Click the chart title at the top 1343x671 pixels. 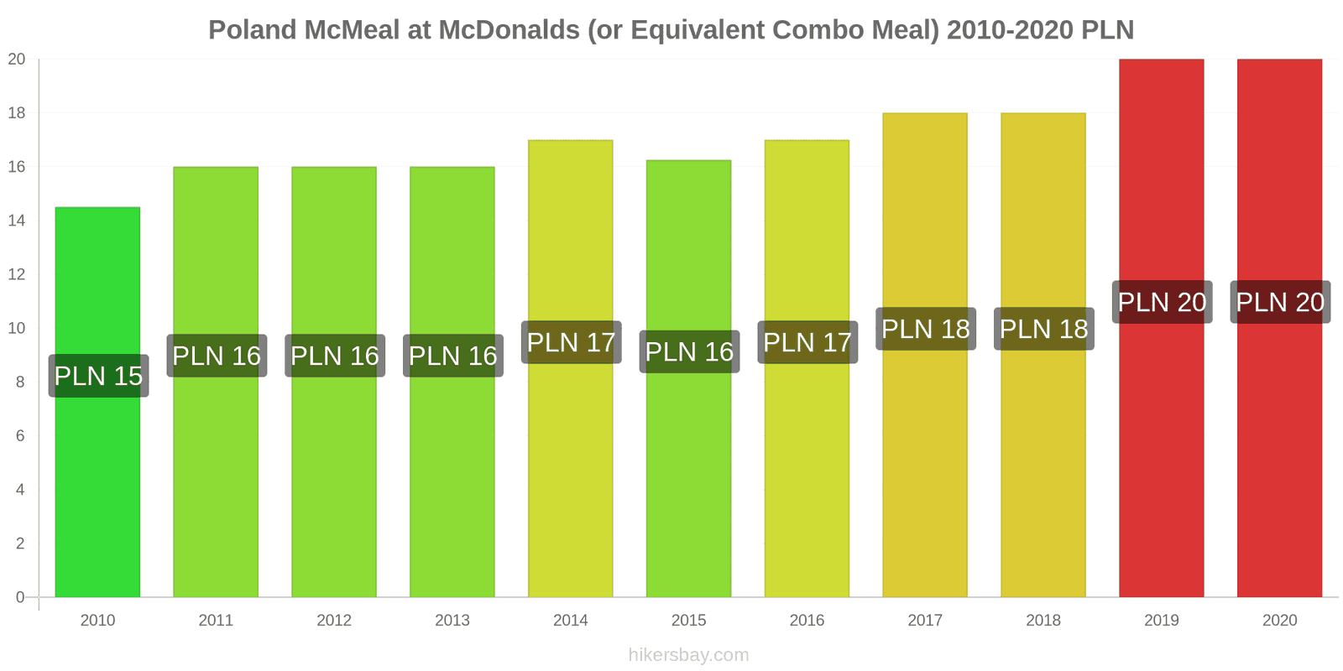[671, 29]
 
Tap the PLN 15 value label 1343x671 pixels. [98, 376]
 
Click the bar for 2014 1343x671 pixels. [571, 470]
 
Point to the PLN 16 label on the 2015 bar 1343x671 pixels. [689, 351]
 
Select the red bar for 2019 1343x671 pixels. [1162, 461]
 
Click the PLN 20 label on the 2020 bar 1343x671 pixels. [1280, 302]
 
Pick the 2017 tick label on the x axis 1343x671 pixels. [925, 620]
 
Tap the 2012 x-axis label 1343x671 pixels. [334, 620]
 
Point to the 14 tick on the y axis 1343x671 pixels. [17, 221]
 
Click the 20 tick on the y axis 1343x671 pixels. [17, 59]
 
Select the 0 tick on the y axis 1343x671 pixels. [20, 597]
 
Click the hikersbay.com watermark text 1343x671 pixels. [688, 655]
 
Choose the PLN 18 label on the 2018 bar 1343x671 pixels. [1043, 329]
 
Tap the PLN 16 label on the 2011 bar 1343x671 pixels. [217, 356]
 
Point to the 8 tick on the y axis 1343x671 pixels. [20, 382]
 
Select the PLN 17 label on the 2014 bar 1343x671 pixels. [571, 342]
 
